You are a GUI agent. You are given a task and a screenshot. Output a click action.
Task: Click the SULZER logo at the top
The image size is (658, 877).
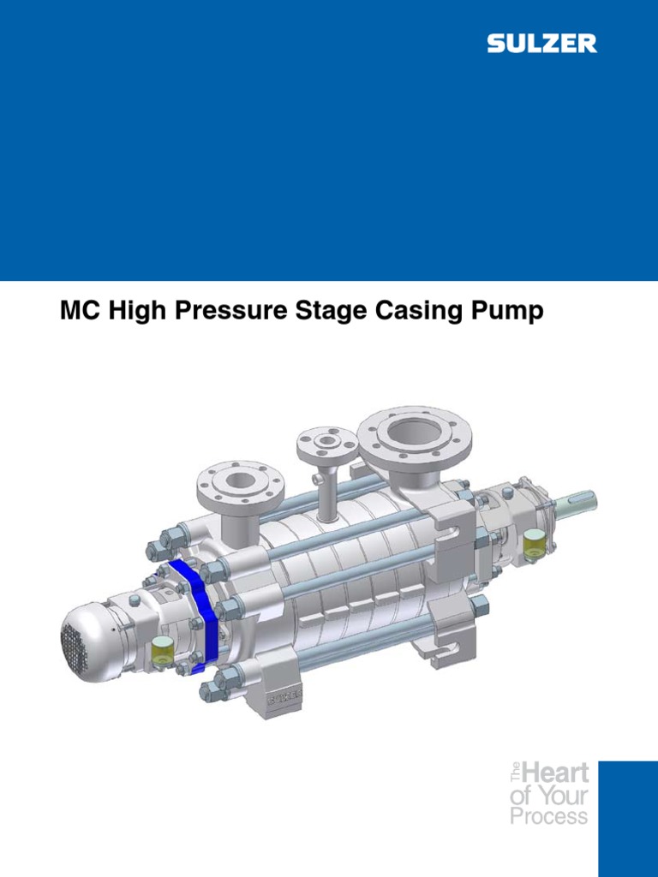pyautogui.click(x=542, y=44)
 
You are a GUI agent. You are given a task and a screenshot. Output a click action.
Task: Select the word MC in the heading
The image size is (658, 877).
pyautogui.click(x=75, y=312)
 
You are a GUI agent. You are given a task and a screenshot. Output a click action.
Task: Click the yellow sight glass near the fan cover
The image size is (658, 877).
pyautogui.click(x=159, y=653)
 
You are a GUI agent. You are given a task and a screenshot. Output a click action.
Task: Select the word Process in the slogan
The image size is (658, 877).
pyautogui.click(x=548, y=815)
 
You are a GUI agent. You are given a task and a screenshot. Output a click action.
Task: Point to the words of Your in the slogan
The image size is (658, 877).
pyautogui.click(x=548, y=795)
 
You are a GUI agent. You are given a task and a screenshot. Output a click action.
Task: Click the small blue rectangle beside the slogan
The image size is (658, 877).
pyautogui.click(x=627, y=818)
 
